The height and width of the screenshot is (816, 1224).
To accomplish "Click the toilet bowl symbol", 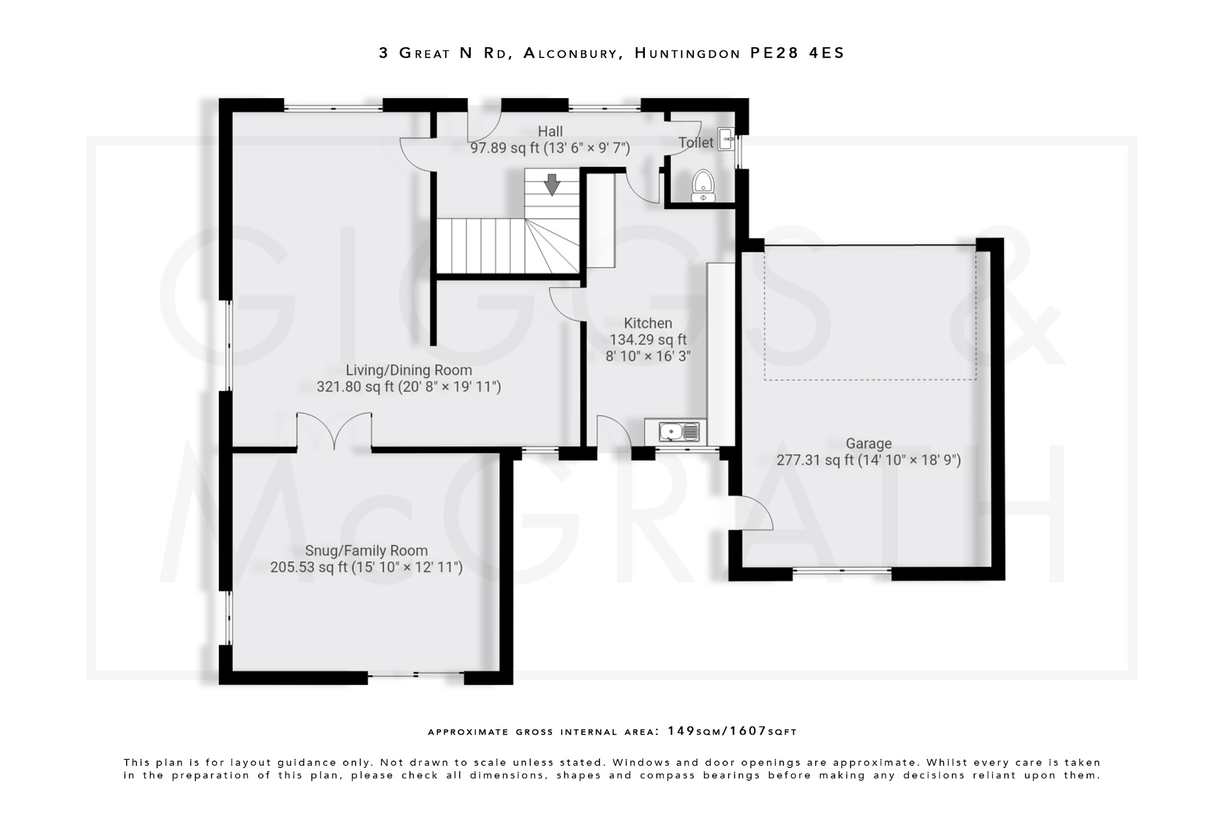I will tap(703, 185).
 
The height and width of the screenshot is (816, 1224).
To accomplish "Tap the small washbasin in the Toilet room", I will tap(726, 139).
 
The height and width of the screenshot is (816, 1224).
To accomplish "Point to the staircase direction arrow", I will tap(552, 185).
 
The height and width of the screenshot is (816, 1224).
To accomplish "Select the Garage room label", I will tap(868, 444).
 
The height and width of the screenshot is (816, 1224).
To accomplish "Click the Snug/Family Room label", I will tap(366, 551).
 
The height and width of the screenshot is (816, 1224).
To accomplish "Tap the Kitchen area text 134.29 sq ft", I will tap(648, 340).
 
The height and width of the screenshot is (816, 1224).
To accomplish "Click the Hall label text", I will tap(550, 132).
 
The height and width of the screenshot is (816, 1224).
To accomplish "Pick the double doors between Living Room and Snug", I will tap(335, 430).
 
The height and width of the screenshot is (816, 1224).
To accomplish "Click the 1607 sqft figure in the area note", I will tap(748, 731).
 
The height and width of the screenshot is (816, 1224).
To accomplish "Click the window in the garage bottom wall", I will tap(842, 571).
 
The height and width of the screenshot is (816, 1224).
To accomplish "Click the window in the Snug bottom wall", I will tap(416, 675).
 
